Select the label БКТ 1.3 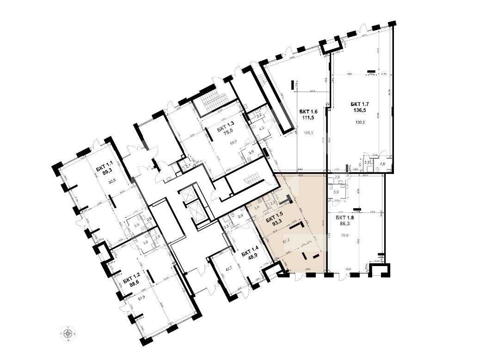226,123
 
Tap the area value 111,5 308,118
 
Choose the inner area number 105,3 308,133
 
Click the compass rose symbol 68,334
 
